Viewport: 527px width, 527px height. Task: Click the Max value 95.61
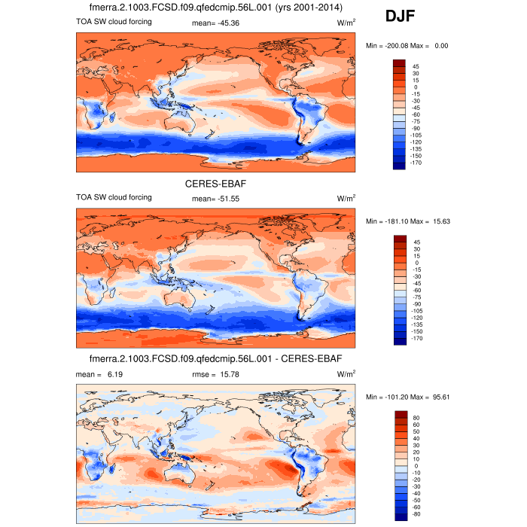(435, 397)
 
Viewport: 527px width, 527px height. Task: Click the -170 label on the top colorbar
(418, 163)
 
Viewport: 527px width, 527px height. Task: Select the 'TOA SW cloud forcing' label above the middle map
(114, 197)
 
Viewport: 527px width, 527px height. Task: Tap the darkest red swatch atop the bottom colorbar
(400, 415)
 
